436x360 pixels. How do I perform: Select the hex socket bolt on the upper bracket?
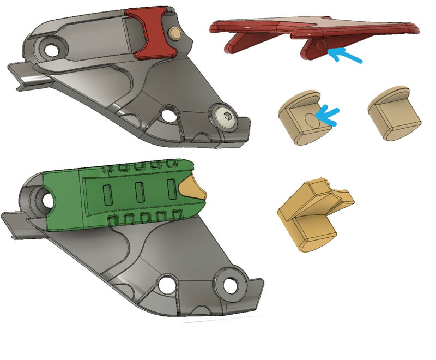click(x=224, y=116)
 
